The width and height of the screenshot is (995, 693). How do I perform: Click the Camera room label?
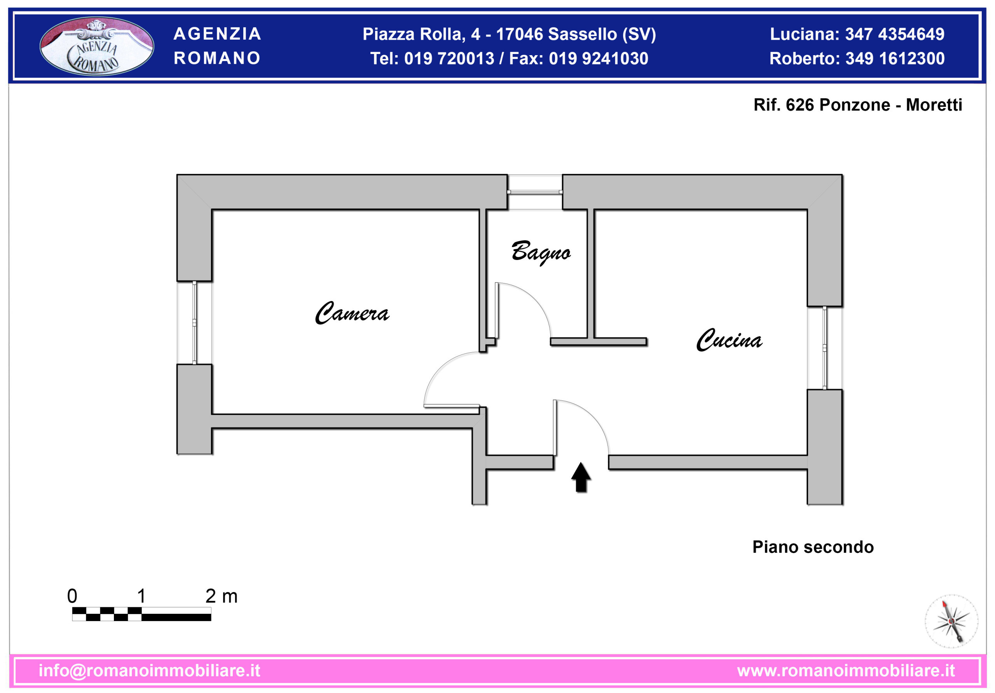tap(352, 313)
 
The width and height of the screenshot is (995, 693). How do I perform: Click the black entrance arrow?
tap(581, 477)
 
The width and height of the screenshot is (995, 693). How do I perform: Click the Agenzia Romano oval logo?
tap(97, 46)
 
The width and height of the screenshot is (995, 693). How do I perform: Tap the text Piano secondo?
tap(813, 547)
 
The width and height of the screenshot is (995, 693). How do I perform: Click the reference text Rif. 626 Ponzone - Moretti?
tap(858, 105)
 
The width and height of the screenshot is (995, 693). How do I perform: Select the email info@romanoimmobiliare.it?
tap(150, 670)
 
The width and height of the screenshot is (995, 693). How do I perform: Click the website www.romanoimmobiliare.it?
tap(846, 670)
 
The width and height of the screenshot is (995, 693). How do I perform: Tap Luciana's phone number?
tap(894, 34)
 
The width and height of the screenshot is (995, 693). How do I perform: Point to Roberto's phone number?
tap(895, 59)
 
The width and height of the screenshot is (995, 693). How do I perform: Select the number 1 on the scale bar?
tap(141, 596)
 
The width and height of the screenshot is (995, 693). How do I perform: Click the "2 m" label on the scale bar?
tap(222, 596)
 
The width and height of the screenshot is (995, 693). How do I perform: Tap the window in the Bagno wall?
tap(535, 192)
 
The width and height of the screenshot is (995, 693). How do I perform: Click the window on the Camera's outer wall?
tap(194, 323)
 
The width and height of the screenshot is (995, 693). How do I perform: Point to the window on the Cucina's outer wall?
tap(825, 348)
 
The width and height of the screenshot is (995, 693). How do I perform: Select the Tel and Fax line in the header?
tap(509, 59)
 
